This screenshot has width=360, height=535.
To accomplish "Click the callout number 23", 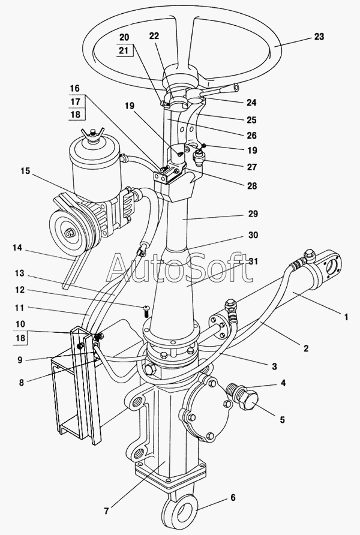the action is (x=319, y=37).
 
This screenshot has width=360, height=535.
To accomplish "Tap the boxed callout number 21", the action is (x=124, y=50).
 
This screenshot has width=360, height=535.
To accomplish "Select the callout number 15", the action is (x=25, y=171).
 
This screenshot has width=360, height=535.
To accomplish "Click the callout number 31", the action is (x=254, y=262).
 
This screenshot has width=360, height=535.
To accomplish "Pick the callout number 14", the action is (x=17, y=248).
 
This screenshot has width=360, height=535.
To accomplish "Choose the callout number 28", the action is (x=251, y=186).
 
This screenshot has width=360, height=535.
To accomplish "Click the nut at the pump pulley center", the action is (x=69, y=233).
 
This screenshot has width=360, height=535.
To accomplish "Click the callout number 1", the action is (x=346, y=317).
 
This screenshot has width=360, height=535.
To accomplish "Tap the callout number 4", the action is (x=283, y=383).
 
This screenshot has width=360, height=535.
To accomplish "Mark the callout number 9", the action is (x=20, y=360).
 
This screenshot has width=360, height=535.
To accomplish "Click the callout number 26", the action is (x=251, y=136).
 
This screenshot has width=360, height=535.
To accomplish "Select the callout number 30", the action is (x=253, y=235).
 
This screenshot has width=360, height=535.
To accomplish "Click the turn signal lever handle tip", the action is (x=235, y=88).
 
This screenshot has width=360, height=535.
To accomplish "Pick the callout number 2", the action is (x=305, y=348).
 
